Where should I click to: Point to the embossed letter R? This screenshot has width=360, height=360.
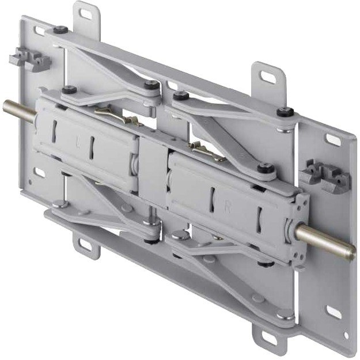point(227,209)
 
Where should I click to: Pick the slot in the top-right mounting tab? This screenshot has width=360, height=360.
point(268,76)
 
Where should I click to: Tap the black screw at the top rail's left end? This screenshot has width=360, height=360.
point(60,29)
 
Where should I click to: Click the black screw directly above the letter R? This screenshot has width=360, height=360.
point(265,168)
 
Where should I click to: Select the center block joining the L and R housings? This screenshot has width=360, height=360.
point(152,173)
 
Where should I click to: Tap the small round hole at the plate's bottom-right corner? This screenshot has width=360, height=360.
point(345,335)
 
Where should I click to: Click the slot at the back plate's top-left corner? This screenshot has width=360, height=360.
point(39,31)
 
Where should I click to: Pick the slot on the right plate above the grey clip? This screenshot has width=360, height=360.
point(333,139)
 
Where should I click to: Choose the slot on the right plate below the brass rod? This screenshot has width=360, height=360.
point(332,312)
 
